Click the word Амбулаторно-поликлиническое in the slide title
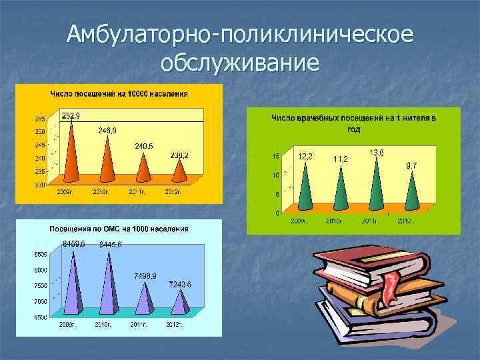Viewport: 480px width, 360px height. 240,35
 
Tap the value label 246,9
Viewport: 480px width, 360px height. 107,130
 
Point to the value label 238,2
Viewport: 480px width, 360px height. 179,155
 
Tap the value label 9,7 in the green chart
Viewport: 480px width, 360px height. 411,165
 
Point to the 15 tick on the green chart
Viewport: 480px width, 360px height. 276,157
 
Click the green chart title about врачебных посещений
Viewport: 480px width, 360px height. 353,123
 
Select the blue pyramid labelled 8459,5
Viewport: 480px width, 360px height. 73,280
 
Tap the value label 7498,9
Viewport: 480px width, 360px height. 145,275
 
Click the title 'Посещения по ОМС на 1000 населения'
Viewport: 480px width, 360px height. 119,229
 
